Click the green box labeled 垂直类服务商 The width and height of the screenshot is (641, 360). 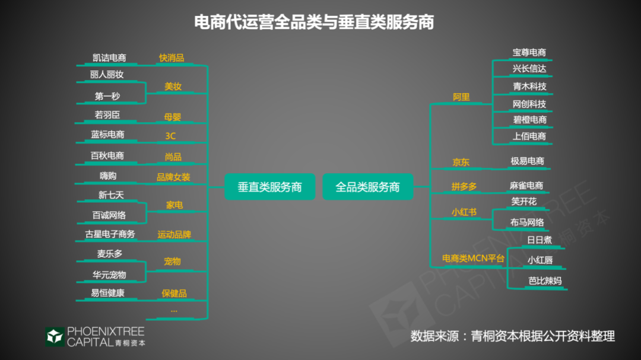[x=270, y=187]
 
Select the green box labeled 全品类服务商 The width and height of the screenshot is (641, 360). [x=368, y=187]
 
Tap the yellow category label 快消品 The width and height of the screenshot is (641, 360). [x=172, y=58]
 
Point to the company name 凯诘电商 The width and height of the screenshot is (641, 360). [x=109, y=58]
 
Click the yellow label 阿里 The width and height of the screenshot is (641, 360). [x=461, y=97]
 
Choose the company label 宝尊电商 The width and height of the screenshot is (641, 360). [x=529, y=52]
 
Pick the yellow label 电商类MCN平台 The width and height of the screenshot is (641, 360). [x=474, y=258]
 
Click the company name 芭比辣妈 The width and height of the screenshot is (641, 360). [x=545, y=281]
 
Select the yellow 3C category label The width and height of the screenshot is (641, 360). [x=170, y=136]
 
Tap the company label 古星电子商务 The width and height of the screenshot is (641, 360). [x=110, y=234]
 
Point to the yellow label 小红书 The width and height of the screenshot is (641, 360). [x=464, y=212]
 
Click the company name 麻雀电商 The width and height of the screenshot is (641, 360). [x=526, y=186]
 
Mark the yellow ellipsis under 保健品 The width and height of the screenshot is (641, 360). [x=174, y=311]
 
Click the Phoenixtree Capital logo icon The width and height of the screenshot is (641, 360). [x=55, y=337]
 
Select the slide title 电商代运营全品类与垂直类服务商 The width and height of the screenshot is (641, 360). [x=314, y=22]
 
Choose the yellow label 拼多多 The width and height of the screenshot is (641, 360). [x=464, y=187]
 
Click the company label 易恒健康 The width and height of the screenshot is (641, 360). [x=107, y=293]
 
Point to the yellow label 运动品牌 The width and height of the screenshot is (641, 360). [x=174, y=234]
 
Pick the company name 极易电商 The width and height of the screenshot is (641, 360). [x=528, y=161]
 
